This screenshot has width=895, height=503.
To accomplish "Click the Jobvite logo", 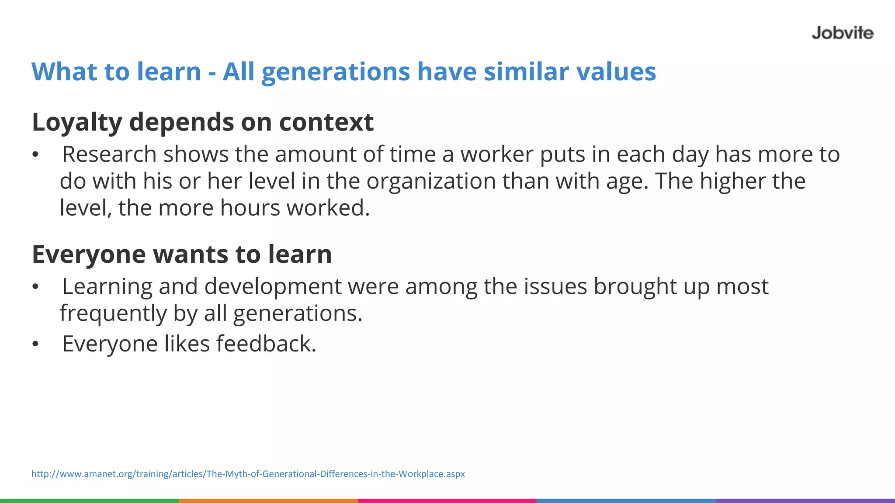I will click(x=842, y=33).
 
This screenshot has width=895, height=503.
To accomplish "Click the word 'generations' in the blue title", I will click(x=336, y=72).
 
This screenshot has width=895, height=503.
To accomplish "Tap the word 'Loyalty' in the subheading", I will click(x=77, y=122).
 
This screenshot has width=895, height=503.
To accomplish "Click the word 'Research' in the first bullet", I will click(x=109, y=155).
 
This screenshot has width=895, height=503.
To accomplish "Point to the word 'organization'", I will click(x=431, y=182).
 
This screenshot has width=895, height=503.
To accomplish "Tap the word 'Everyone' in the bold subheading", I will click(x=89, y=255).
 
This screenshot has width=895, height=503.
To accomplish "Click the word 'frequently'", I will click(x=113, y=314).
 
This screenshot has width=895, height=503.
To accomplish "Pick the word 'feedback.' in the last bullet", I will click(x=266, y=344).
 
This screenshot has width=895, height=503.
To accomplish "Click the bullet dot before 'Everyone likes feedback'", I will click(x=35, y=345).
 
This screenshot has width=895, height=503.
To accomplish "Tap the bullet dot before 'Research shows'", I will click(x=35, y=155).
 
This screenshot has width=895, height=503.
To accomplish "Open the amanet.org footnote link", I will click(x=248, y=474).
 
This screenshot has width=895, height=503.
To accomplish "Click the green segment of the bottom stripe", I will click(x=89, y=500).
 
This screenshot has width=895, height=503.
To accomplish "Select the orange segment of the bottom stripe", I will click(x=268, y=500).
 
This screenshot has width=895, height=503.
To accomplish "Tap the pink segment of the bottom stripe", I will click(x=447, y=500).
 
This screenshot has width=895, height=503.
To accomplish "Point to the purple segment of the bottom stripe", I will click(x=805, y=500).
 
